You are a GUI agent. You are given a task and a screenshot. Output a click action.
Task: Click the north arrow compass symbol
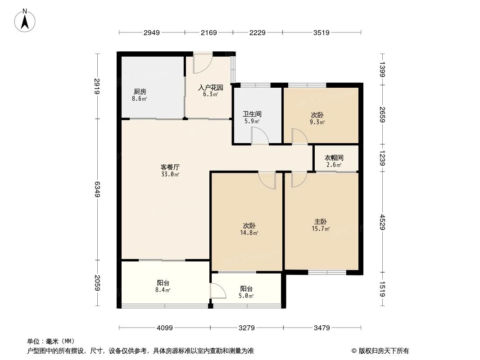click(26, 20)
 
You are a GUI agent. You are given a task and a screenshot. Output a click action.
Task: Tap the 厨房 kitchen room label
click(140, 91)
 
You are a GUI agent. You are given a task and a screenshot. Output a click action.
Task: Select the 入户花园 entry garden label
click(208, 88)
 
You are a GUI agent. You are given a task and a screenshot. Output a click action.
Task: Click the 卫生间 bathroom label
click(252, 114)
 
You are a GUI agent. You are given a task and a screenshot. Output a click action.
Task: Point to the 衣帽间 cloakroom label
click(334, 158)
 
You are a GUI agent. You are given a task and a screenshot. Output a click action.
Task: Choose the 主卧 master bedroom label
click(321, 222)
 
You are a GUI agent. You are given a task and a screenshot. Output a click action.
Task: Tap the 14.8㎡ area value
click(251, 233)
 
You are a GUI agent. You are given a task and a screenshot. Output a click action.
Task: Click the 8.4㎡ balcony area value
click(163, 290)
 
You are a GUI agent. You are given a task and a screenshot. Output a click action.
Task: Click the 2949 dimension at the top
click(152, 32)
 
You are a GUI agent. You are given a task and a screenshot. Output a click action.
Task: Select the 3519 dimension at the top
click(322, 32)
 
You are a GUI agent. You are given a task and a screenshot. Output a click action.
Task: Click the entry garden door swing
click(202, 64)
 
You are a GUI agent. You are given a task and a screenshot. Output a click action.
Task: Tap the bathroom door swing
click(260, 136)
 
